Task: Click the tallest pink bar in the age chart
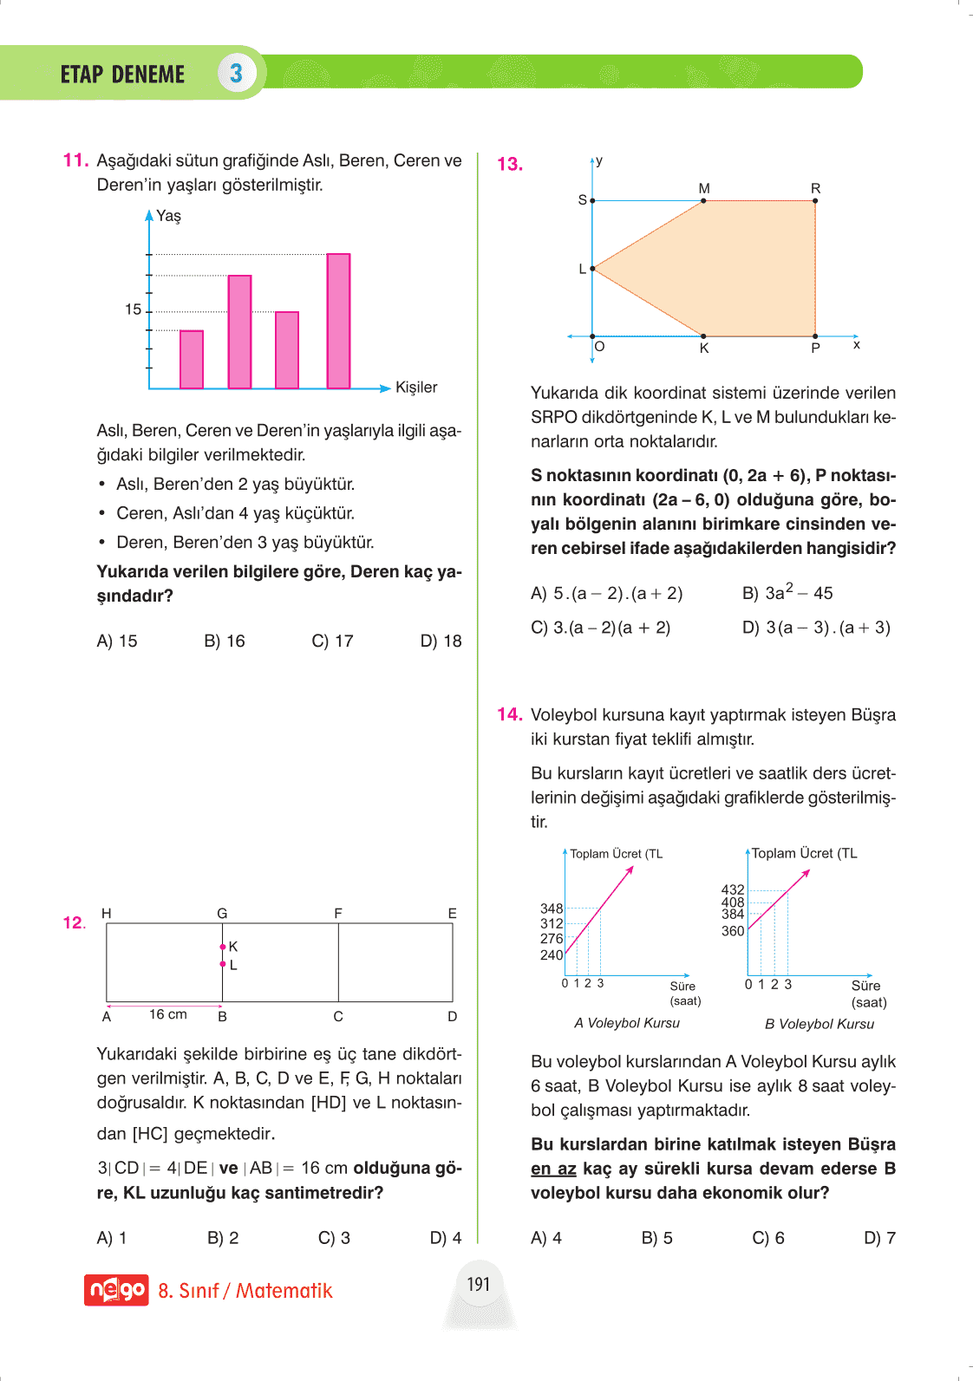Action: click(x=338, y=321)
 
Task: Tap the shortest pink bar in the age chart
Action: click(x=192, y=359)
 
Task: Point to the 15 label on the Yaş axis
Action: click(x=133, y=309)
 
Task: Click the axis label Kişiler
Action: click(x=416, y=388)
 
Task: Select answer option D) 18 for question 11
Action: click(x=441, y=642)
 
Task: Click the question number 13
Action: click(x=510, y=164)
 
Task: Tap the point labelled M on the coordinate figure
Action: click(x=703, y=201)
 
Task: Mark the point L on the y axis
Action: click(x=592, y=269)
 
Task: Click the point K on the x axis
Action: click(x=703, y=336)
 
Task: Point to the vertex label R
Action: click(x=815, y=188)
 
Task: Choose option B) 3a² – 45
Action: click(x=787, y=593)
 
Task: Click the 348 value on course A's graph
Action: click(x=552, y=909)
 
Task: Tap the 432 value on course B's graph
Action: click(x=733, y=889)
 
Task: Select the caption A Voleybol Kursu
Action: click(x=627, y=1023)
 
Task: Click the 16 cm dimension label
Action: click(x=168, y=1014)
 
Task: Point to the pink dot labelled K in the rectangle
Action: click(x=223, y=947)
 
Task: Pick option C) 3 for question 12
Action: click(x=334, y=1238)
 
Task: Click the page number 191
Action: click(x=479, y=1284)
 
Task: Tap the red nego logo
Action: click(x=116, y=1290)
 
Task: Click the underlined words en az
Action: click(x=553, y=1169)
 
